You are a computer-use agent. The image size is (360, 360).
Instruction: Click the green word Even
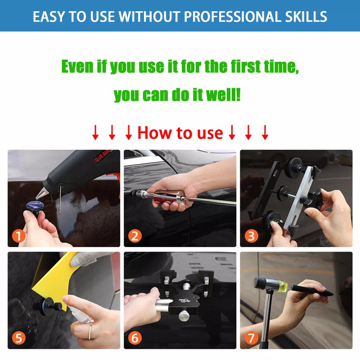pos(77,67)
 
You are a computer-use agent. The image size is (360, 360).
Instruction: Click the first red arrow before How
pos(95,133)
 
